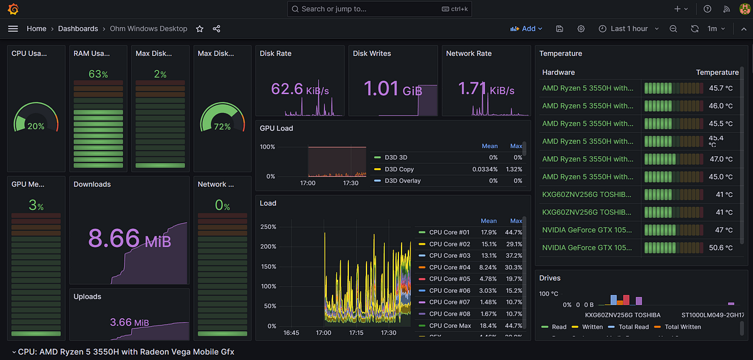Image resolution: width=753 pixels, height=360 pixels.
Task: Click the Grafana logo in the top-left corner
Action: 13,9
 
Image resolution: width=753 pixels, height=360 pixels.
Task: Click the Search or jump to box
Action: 379,9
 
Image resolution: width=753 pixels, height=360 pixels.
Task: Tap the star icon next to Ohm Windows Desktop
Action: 200,29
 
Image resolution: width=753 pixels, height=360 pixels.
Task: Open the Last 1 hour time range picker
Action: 628,29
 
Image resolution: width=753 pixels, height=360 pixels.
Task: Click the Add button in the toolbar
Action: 526,29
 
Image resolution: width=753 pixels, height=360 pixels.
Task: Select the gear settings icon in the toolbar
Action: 581,29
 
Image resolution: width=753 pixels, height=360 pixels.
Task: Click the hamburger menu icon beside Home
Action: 13,29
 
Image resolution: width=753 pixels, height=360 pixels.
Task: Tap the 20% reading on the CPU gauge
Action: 36,126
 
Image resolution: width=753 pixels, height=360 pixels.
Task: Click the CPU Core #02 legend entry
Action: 449,244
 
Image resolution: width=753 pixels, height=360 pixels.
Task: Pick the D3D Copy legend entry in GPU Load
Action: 399,169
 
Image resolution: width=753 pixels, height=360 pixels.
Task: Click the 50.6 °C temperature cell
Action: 720,248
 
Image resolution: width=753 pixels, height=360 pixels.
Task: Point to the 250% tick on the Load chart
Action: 267,227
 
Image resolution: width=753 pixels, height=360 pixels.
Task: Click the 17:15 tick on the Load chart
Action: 356,333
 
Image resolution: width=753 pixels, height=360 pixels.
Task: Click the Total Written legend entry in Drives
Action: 683,327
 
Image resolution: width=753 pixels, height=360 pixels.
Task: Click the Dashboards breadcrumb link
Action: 78,29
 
